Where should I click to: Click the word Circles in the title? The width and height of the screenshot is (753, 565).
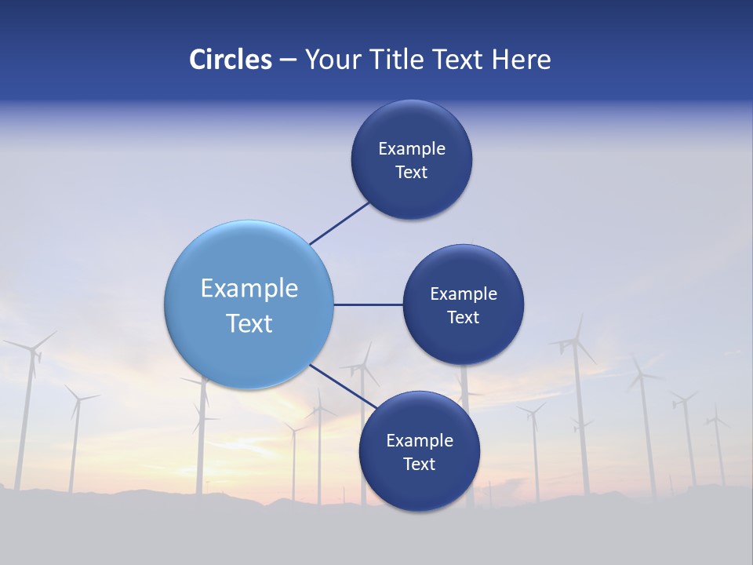pyautogui.click(x=231, y=60)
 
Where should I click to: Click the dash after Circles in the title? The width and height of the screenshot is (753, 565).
pyautogui.click(x=288, y=60)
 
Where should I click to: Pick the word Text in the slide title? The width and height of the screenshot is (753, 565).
pyautogui.click(x=459, y=60)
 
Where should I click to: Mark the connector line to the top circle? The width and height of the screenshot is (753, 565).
pyautogui.click(x=340, y=223)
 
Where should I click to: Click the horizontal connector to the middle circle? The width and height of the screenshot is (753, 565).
pyautogui.click(x=368, y=304)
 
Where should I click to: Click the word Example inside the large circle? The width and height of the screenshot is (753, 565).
pyautogui.click(x=249, y=289)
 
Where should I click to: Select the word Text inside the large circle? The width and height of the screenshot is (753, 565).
pyautogui.click(x=249, y=323)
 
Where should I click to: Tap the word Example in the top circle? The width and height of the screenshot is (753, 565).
pyautogui.click(x=412, y=149)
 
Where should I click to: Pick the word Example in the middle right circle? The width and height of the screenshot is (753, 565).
pyautogui.click(x=464, y=294)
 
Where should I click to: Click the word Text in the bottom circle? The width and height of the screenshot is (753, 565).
pyautogui.click(x=419, y=464)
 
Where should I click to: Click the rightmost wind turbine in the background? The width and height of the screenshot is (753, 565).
pyautogui.click(x=716, y=424)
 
